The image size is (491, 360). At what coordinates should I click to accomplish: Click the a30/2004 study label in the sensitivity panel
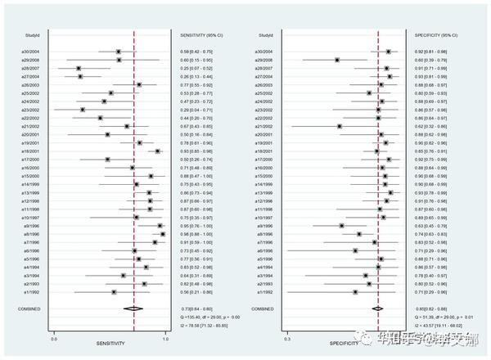tap(30, 52)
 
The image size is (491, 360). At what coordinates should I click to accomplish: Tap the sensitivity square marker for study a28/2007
tap(79, 69)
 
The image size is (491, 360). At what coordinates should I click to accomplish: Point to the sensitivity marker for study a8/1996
tap(163, 234)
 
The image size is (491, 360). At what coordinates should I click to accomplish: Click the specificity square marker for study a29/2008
tap(337, 60)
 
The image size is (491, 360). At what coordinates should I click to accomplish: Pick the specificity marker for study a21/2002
tap(340, 126)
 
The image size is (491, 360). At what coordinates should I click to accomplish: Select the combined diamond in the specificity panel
tap(377, 308)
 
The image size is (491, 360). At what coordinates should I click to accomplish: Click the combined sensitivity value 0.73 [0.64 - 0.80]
tap(199, 308)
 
